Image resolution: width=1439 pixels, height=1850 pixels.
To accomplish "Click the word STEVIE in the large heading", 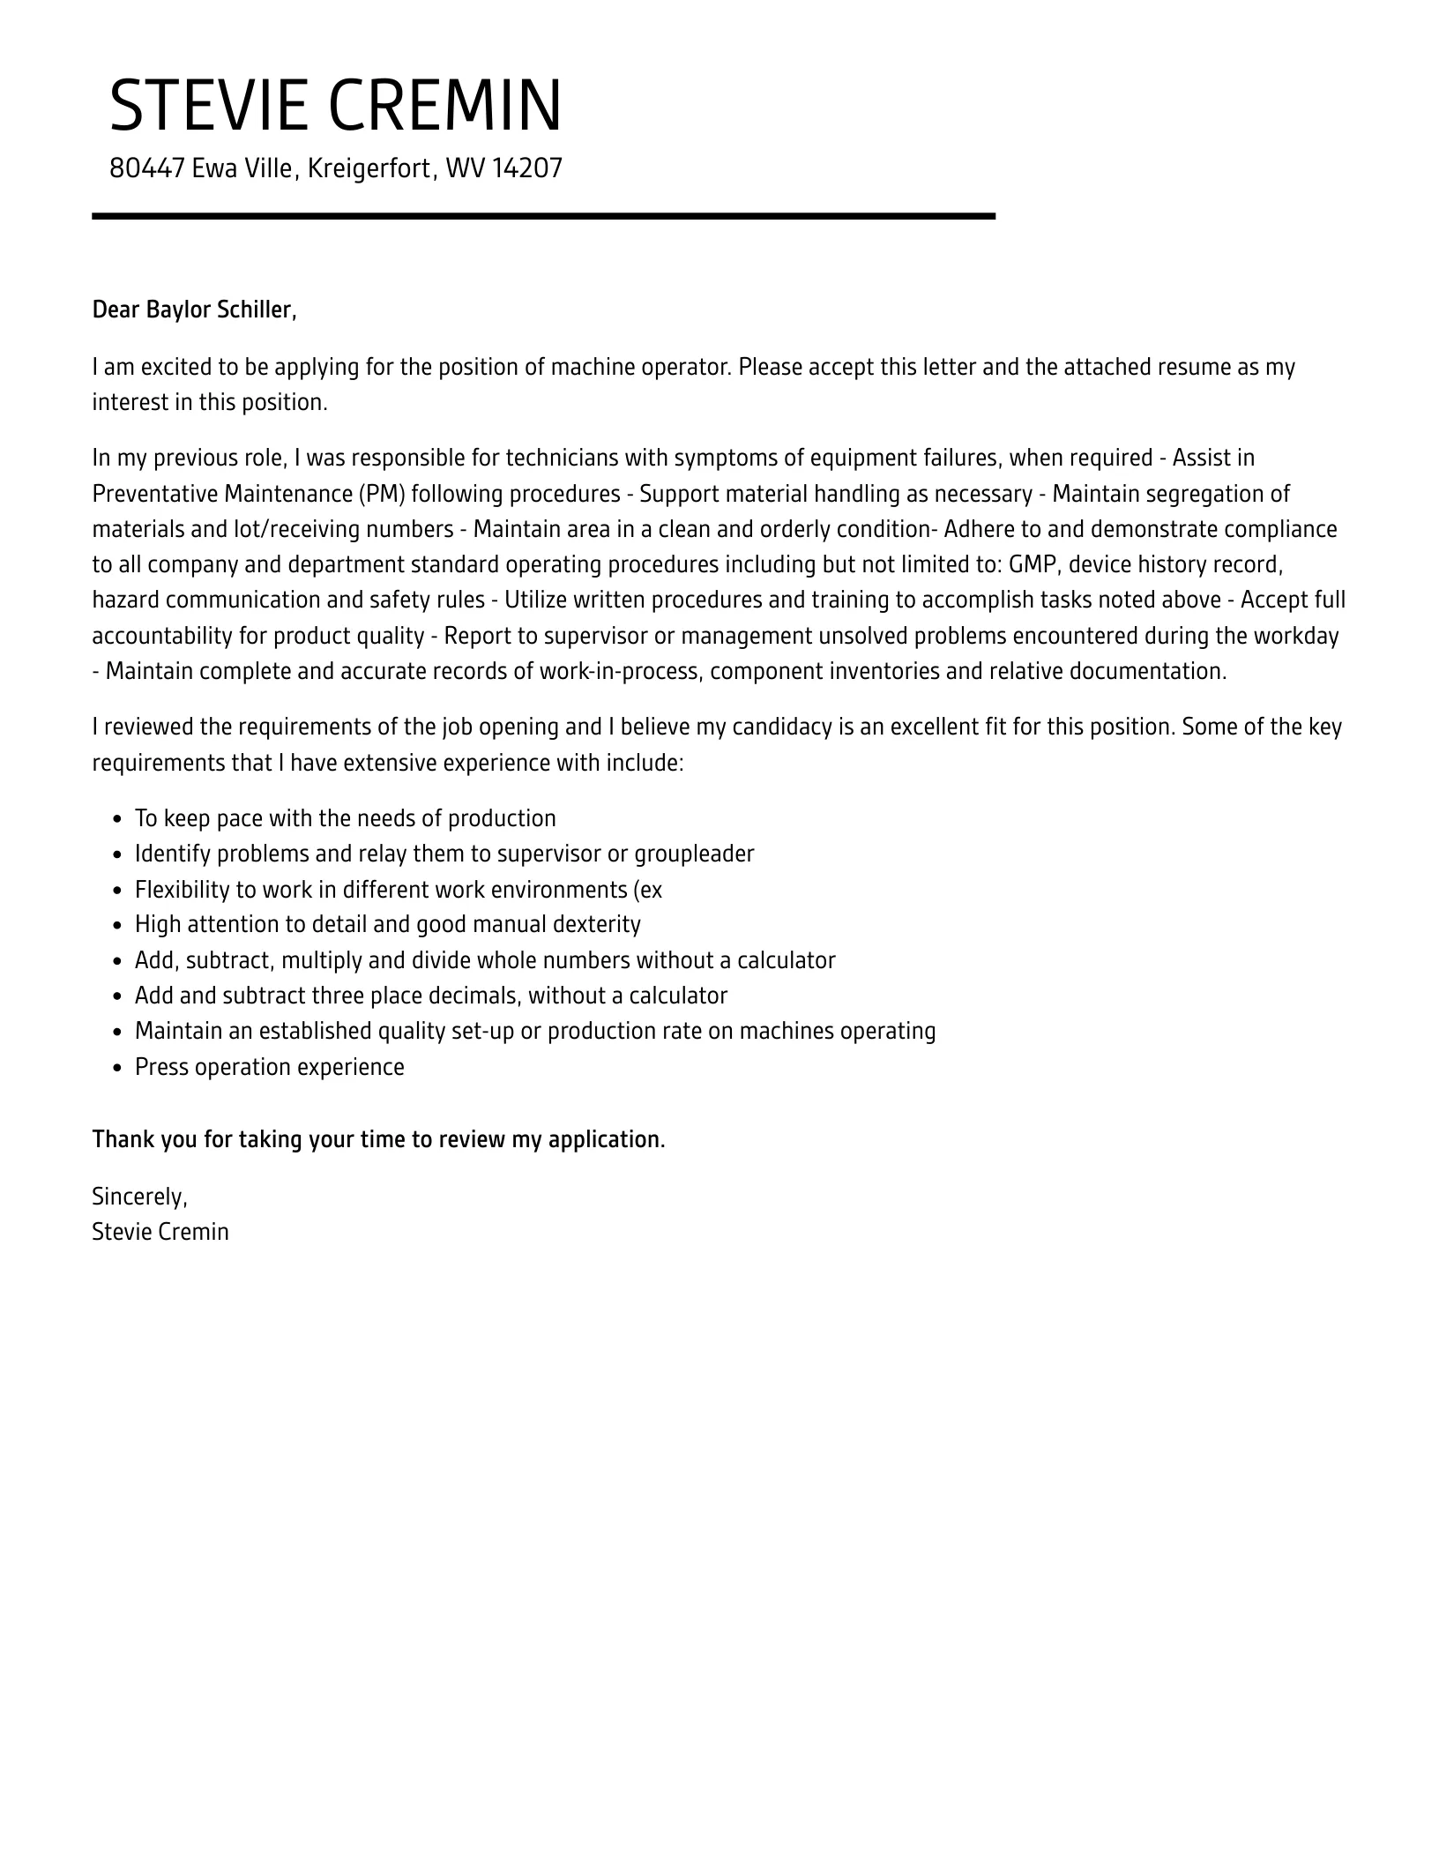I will (210, 106).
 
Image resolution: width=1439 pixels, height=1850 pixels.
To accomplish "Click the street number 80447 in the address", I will (146, 168).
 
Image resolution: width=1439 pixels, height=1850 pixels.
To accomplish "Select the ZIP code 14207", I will (526, 168).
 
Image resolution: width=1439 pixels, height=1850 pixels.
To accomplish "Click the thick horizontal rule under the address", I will (543, 216).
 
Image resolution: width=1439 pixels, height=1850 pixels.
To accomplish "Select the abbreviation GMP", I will (1031, 564).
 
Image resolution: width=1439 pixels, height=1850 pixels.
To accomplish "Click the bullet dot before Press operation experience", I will (118, 1068).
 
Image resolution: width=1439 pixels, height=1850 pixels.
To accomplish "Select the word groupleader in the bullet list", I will (694, 854).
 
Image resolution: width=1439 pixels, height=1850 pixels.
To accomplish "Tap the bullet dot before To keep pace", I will (118, 819).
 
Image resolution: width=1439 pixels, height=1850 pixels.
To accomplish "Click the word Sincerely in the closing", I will (138, 1197).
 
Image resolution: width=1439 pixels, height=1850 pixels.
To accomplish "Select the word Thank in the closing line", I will (121, 1139).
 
